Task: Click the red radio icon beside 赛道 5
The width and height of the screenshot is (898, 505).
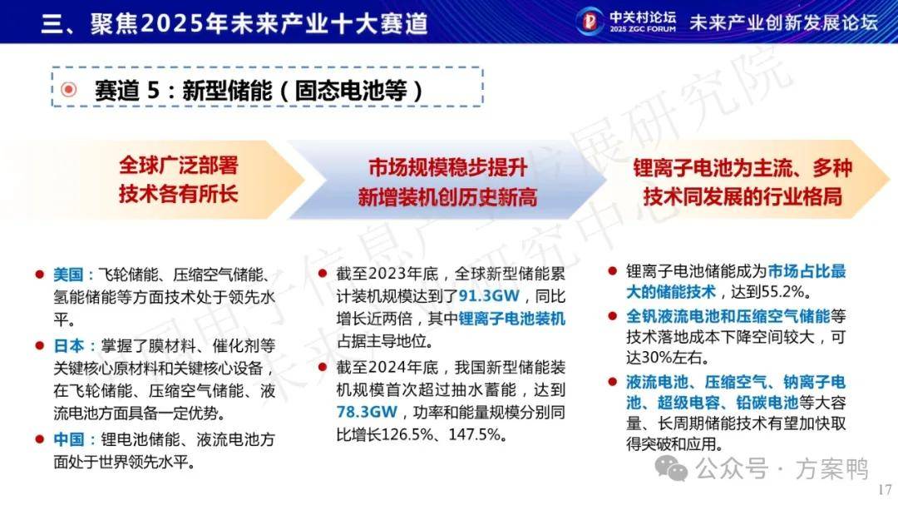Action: pos(69,89)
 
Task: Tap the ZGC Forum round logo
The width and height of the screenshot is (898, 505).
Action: pos(590,21)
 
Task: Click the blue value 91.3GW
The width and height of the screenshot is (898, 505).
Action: pos(489,296)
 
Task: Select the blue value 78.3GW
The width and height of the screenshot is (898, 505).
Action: pos(367,412)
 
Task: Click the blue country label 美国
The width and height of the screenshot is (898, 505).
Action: pos(68,275)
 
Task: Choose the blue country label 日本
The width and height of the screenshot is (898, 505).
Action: pos(68,345)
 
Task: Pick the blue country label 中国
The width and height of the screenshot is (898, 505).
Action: pos(68,439)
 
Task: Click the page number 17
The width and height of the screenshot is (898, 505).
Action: pos(885,489)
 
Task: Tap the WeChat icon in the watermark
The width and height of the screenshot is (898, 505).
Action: pos(671,468)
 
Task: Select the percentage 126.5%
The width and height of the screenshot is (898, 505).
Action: pos(404,434)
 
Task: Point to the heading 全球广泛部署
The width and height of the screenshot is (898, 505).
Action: pos(178,165)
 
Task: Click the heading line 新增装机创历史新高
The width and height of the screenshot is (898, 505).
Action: pos(447,198)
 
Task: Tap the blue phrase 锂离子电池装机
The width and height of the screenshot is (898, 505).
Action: pos(512,318)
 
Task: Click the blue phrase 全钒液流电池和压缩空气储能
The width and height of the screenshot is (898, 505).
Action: pos(728,316)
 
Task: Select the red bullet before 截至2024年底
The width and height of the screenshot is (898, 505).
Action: pos(323,367)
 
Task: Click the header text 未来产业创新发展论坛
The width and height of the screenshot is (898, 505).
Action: pos(783,22)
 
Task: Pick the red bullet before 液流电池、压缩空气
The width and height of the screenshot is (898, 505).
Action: pos(613,382)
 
